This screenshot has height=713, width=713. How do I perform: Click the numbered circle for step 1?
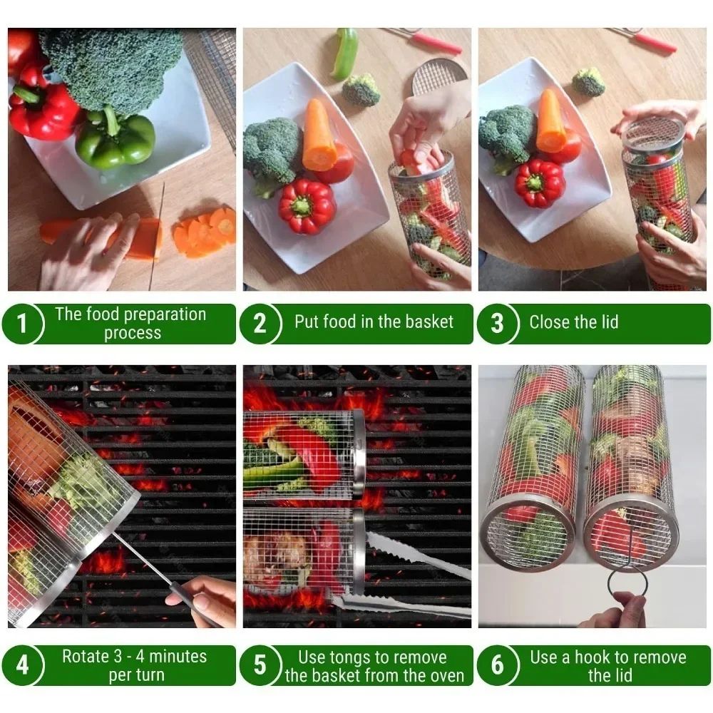22,324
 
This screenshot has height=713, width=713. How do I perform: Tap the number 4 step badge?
22,665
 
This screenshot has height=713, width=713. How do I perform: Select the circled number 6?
497,665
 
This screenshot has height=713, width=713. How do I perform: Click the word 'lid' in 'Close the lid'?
606,322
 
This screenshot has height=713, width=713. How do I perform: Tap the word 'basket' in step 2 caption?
429,322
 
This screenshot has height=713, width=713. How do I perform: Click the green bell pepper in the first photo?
116,139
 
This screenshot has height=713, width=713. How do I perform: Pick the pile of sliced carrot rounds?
207,232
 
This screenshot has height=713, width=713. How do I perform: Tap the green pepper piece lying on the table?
345,53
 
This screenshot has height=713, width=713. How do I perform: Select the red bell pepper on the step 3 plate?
540,183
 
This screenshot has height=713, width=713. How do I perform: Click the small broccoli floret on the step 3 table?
588,81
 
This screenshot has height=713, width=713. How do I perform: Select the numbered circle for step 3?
497,324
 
